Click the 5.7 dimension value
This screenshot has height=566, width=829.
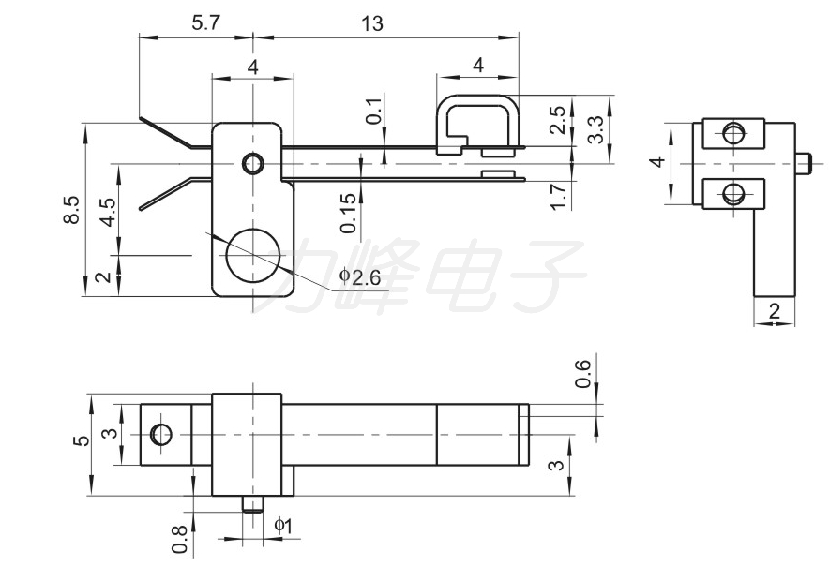tap(205, 22)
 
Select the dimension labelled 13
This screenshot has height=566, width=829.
tap(372, 23)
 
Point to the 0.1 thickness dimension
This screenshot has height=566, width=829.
tap(374, 111)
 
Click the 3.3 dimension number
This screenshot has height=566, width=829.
tap(595, 129)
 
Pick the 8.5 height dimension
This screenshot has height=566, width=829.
tap(72, 210)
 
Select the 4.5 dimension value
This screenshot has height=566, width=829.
tap(109, 212)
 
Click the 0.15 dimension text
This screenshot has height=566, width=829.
tap(349, 213)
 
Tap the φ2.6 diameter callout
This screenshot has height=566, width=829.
tap(360, 276)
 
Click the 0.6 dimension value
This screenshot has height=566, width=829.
tap(582, 374)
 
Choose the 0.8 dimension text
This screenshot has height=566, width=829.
tap(180, 539)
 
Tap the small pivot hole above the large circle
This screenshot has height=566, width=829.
tap(252, 164)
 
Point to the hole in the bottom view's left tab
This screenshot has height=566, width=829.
tap(160, 435)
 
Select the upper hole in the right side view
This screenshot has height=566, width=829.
tap(733, 133)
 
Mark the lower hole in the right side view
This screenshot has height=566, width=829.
tap(733, 193)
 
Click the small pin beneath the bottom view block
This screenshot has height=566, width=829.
tap(253, 503)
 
